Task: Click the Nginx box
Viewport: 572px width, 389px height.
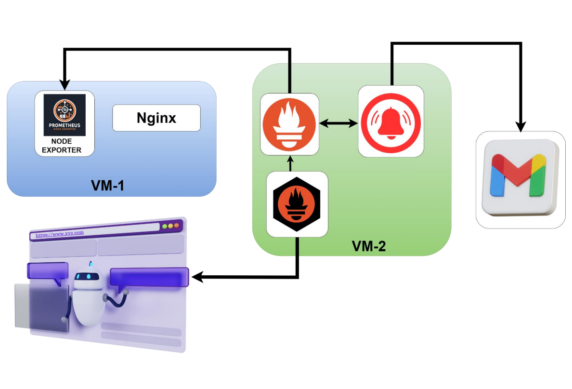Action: [156, 118]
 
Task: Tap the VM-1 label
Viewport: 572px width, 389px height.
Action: [107, 185]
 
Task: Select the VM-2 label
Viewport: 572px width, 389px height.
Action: [368, 246]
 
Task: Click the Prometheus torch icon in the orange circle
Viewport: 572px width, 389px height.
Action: [289, 124]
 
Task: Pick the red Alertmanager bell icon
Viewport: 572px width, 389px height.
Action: [390, 121]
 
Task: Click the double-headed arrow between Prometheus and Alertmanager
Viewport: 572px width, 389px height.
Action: [338, 124]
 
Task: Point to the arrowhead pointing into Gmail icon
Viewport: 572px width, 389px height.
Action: [520, 126]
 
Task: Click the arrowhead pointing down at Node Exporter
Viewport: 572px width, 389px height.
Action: [65, 85]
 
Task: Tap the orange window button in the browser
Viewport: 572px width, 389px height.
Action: [176, 226]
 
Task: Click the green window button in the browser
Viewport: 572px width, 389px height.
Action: [164, 226]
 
